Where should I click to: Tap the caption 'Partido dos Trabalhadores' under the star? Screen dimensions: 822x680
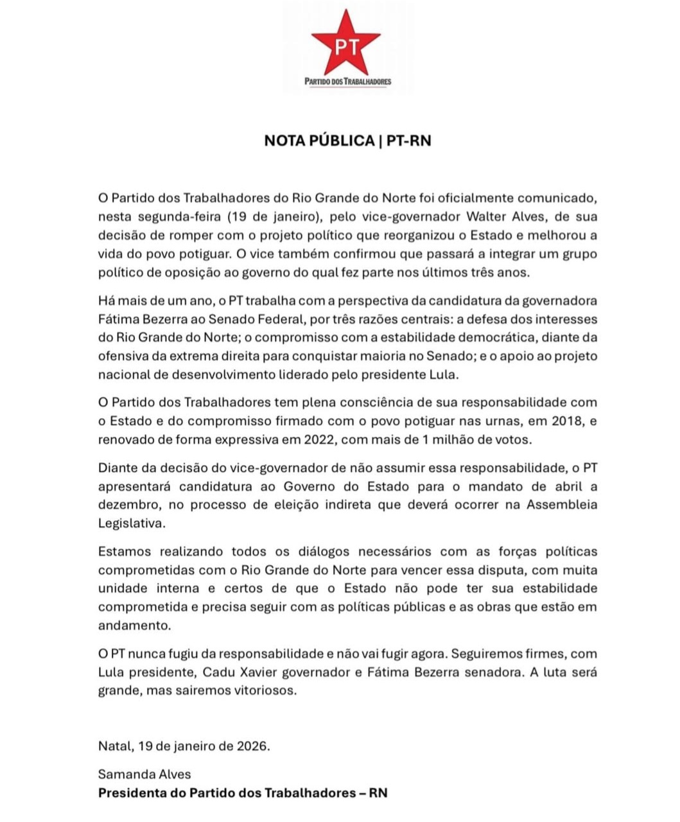(x=347, y=82)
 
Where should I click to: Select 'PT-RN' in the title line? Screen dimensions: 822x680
(x=408, y=141)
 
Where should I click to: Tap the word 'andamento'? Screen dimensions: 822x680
(x=134, y=625)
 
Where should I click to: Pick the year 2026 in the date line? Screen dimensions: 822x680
(x=252, y=746)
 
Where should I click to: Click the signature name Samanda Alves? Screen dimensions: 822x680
(x=144, y=774)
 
